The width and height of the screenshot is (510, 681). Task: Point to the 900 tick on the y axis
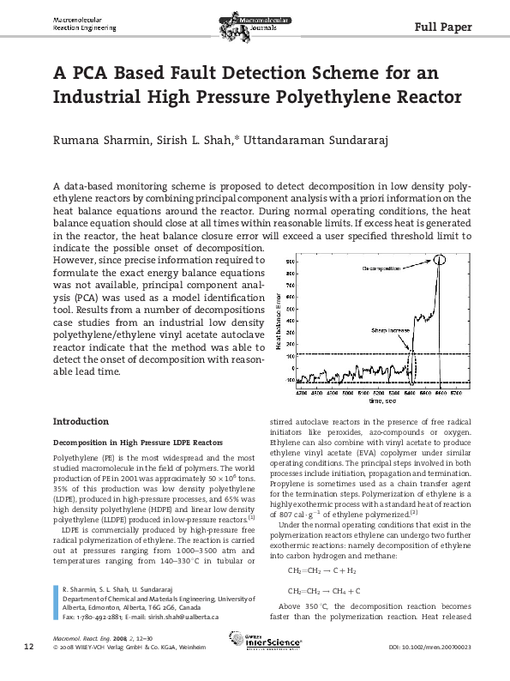(291, 260)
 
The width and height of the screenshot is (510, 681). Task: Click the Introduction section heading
(81, 422)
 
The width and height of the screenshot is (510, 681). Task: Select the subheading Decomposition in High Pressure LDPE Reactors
(122, 443)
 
